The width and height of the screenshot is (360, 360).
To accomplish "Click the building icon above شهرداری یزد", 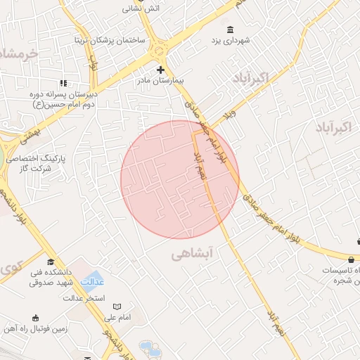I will (x=231, y=29).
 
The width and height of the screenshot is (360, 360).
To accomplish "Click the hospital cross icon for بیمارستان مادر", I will (x=161, y=70).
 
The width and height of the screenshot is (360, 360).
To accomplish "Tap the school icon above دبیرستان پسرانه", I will (x=64, y=83).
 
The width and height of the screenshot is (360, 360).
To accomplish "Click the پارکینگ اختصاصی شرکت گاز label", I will (x=35, y=164).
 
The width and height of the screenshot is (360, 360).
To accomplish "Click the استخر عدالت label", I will (x=85, y=298).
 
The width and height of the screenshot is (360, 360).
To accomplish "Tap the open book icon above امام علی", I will (x=117, y=307).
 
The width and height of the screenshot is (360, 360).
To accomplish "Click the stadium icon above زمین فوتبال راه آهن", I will (x=35, y=317).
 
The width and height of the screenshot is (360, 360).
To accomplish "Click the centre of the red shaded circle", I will (x=180, y=180).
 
